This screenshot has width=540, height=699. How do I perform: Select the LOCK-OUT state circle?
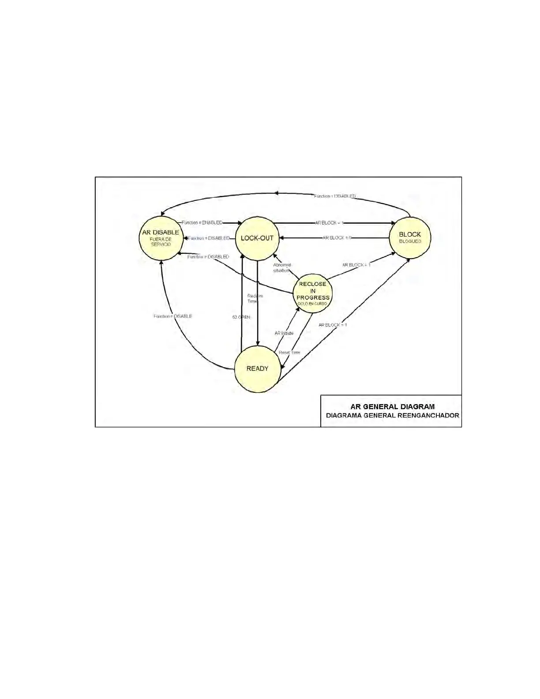pos(257,238)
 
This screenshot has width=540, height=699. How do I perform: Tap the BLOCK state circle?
pos(410,237)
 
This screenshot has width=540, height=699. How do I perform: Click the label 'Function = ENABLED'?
pos(202,223)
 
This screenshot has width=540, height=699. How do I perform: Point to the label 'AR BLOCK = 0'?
pos(337,238)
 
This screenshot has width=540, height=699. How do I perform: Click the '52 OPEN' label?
pos(241,317)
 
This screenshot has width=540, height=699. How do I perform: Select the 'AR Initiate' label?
pos(284,333)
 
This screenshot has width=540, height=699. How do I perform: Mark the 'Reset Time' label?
pos(289,353)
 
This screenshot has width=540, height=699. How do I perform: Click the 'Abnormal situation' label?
pos(281,267)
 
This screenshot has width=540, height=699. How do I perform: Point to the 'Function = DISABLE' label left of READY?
pos(173,316)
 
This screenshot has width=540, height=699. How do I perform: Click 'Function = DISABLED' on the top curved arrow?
pos(334,196)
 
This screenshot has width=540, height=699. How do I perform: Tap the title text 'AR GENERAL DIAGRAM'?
pos(392,406)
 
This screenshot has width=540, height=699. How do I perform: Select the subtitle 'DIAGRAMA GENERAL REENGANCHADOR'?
pos(392,416)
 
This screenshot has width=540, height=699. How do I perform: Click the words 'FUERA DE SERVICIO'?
pos(161,242)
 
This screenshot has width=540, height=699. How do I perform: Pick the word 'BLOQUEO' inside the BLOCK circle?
pos(410,241)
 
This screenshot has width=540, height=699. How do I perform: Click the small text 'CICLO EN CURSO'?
pos(313,304)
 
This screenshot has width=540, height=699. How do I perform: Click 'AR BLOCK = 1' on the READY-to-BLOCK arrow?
pos(333,325)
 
